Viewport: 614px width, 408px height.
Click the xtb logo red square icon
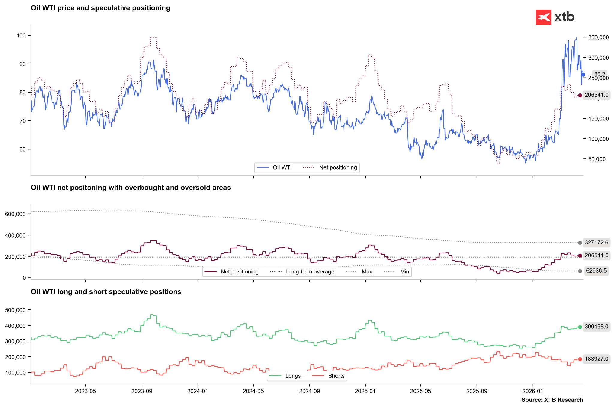click(543, 17)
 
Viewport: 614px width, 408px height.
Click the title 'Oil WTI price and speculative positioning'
click(100, 8)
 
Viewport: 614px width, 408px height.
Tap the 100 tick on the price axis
click(21, 36)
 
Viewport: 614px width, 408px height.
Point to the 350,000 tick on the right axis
click(598, 37)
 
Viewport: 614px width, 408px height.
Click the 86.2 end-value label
click(600, 75)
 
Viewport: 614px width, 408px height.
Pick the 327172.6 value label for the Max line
click(596, 243)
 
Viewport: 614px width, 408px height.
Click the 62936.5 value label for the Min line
click(596, 271)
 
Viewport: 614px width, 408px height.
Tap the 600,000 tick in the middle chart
click(16, 214)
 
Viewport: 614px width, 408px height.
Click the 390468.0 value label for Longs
click(596, 327)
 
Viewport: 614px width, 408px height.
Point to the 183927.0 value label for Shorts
click(596, 359)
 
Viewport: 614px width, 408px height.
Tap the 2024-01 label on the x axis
click(198, 391)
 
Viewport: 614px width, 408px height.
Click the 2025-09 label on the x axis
click(477, 391)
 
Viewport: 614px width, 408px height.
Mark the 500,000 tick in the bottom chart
click(16, 310)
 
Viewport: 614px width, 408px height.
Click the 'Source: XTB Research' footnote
click(552, 400)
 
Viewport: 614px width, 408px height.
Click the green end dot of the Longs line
click(580, 327)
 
